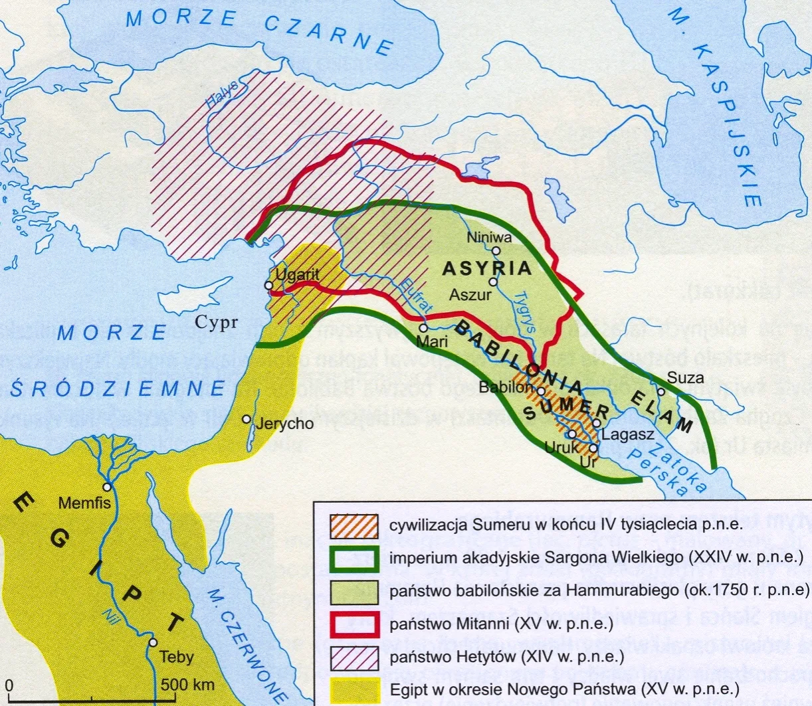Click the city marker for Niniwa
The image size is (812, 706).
tap(496, 250)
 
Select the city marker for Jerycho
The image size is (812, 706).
tap(247, 419)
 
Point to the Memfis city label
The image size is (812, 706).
tap(84, 503)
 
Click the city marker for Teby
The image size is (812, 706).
tap(153, 642)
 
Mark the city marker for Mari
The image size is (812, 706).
tap(423, 327)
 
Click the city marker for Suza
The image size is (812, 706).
tap(660, 391)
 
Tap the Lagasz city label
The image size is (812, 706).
tap(629, 435)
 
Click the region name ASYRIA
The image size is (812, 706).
tap(487, 268)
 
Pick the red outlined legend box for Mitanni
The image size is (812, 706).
tap(355, 624)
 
